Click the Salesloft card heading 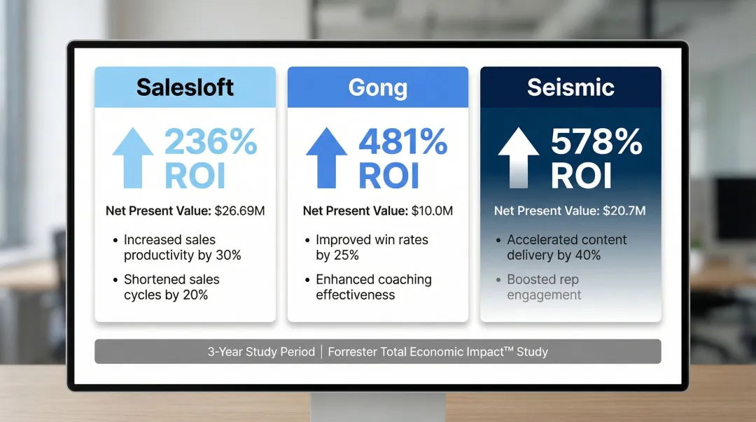[185, 87]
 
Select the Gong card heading [377, 87]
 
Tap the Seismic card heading [570, 87]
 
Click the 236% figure [211, 143]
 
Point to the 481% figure [403, 143]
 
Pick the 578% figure [596, 143]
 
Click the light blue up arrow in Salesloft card [133, 158]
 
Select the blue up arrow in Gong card [326, 158]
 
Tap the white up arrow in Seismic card [519, 158]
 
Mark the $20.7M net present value [623, 211]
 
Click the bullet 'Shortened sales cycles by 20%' [171, 287]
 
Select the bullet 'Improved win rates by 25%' [372, 247]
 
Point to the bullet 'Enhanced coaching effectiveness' [374, 287]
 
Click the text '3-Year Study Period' [261, 352]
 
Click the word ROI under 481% [388, 176]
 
